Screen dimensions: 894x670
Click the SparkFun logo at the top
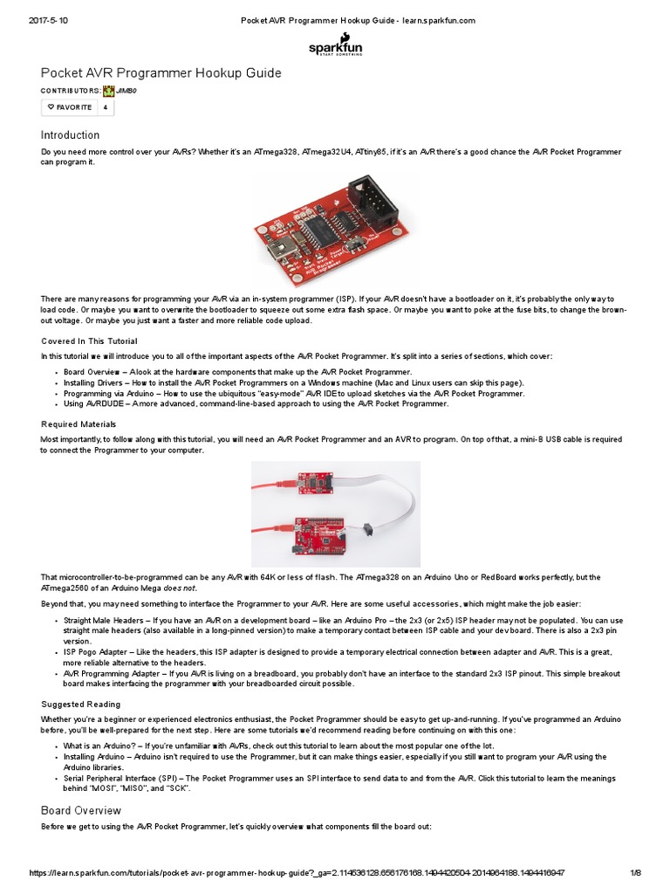pos(335,45)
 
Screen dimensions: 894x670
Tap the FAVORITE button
pos(70,107)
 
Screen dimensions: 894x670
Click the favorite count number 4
pos(106,107)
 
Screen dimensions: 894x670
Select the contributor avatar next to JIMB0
pos(108,90)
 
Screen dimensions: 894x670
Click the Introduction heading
pos(71,135)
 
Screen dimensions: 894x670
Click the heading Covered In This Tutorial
pos(89,340)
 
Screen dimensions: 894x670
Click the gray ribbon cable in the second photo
pos(393,506)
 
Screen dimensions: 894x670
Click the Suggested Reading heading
pos(81,704)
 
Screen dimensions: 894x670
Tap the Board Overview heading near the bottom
pos(81,810)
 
